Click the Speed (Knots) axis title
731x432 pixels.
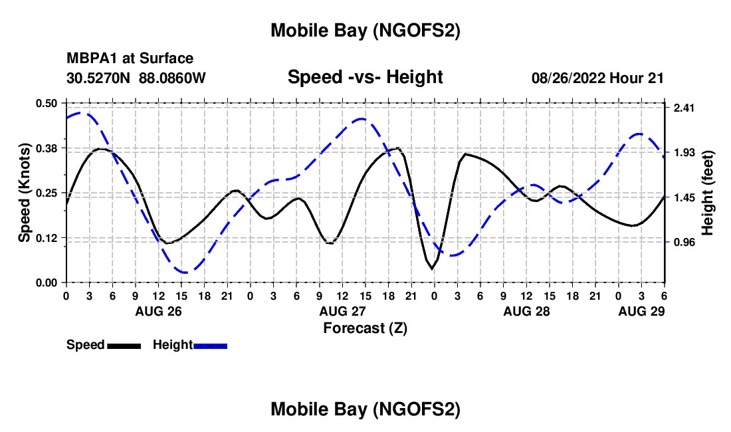tap(25, 193)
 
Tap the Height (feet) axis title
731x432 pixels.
tap(708, 193)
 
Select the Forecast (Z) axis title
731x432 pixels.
tap(365, 328)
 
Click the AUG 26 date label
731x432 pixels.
tap(158, 311)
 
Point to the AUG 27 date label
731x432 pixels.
tap(342, 311)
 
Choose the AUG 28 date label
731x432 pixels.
tap(526, 311)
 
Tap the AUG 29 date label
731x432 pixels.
tap(641, 311)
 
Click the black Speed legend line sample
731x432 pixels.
tap(124, 345)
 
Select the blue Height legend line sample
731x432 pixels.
tap(211, 345)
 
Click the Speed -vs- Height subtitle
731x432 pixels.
tap(365, 77)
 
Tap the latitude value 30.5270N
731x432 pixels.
tap(99, 78)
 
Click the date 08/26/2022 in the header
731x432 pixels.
tap(568, 78)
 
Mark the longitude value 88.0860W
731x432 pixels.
tap(173, 78)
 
